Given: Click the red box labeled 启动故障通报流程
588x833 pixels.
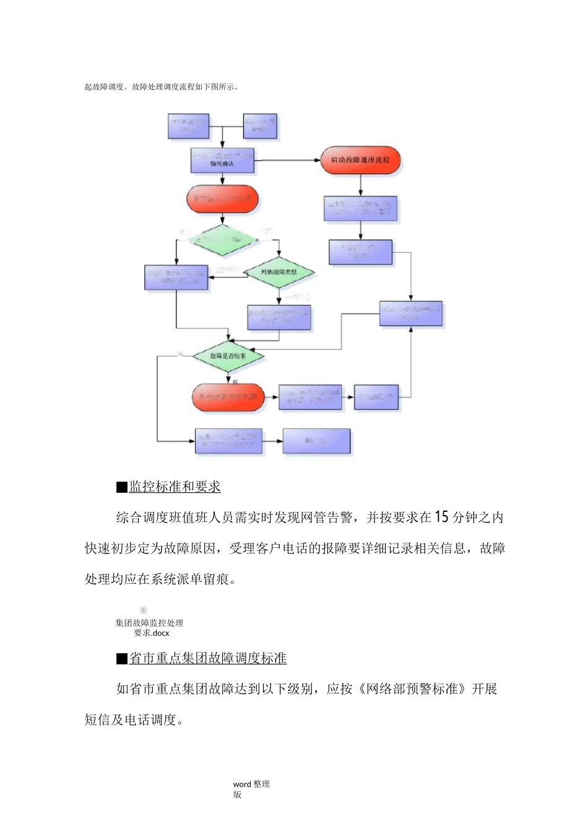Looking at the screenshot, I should pyautogui.click(x=360, y=160).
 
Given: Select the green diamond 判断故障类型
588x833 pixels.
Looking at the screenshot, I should pyautogui.click(x=279, y=272).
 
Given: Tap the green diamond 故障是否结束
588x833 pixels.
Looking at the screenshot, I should pyautogui.click(x=228, y=356).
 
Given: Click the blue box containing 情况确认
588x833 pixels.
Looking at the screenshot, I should pyautogui.click(x=222, y=161).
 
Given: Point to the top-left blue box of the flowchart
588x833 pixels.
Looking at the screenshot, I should pyautogui.click(x=189, y=126).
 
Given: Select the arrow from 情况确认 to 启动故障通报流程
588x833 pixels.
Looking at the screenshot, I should pyautogui.click(x=287, y=161).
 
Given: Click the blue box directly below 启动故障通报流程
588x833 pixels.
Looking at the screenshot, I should pyautogui.click(x=360, y=209).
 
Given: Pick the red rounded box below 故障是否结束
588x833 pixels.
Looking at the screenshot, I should pyautogui.click(x=228, y=397).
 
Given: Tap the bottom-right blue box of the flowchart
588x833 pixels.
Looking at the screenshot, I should pyautogui.click(x=316, y=441).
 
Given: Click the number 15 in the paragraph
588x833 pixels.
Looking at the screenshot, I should pyautogui.click(x=441, y=517).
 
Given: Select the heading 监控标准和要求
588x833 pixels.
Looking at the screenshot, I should pyautogui.click(x=175, y=487).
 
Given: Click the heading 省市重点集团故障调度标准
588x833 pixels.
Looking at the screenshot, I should pyautogui.click(x=207, y=658).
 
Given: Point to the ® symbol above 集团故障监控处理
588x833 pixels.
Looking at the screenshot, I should pyautogui.click(x=143, y=610).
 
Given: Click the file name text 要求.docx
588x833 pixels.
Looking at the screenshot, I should pyautogui.click(x=152, y=633).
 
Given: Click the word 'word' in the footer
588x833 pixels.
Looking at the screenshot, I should pyautogui.click(x=242, y=784).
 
